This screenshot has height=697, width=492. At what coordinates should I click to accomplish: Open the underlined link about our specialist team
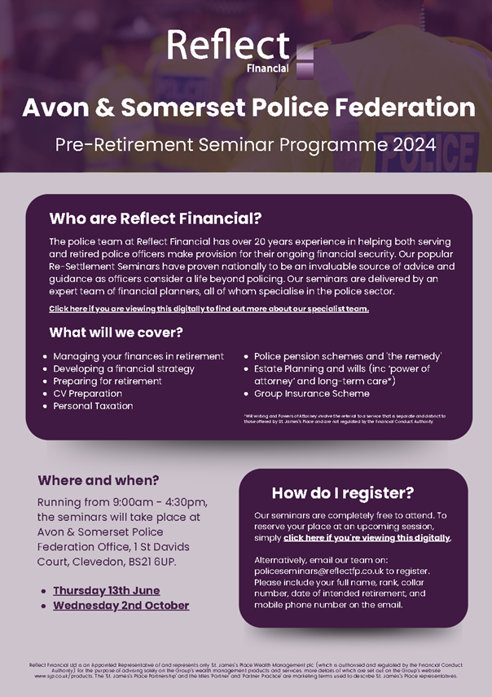point(209,309)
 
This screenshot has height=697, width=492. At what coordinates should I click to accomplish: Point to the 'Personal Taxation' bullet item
point(93,405)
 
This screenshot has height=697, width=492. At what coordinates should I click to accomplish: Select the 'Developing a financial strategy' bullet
point(124,368)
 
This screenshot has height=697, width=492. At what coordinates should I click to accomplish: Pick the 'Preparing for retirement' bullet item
point(107,381)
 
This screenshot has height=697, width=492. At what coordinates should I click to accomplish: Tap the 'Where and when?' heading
point(99,479)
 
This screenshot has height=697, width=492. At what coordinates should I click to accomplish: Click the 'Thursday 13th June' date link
point(106,590)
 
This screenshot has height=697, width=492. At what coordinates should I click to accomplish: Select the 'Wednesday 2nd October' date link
point(121,606)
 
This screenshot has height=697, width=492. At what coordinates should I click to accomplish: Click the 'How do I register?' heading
point(342,492)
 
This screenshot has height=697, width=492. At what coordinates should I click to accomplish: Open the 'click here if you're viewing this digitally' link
point(367,538)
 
